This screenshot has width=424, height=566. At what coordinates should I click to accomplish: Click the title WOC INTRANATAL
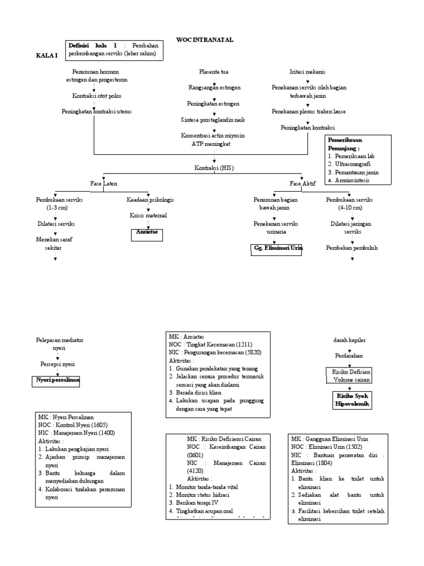[x=205, y=40]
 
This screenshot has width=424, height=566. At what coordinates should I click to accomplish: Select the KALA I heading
[x=46, y=56]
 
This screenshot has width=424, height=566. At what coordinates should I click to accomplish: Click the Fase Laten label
[x=103, y=183]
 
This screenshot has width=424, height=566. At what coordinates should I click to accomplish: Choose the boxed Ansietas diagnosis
[x=148, y=233]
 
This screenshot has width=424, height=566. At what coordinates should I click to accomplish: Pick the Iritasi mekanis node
[x=308, y=72]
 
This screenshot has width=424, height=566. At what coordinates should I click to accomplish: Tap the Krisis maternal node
[x=148, y=215]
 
